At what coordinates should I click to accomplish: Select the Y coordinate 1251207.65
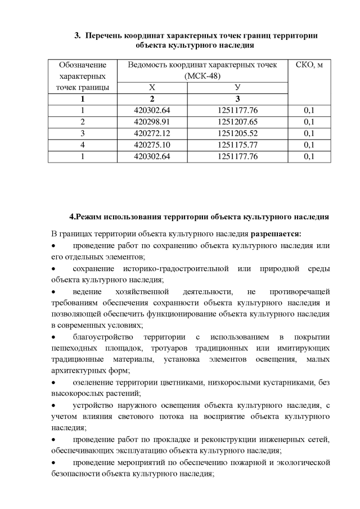click(237, 121)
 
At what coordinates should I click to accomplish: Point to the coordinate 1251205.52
click(237, 133)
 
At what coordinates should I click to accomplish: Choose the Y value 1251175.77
click(237, 145)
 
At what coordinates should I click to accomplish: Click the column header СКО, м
click(309, 65)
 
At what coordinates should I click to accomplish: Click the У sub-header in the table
click(237, 87)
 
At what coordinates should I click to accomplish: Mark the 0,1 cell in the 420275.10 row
click(309, 145)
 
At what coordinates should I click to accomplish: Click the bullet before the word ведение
click(53, 292)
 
